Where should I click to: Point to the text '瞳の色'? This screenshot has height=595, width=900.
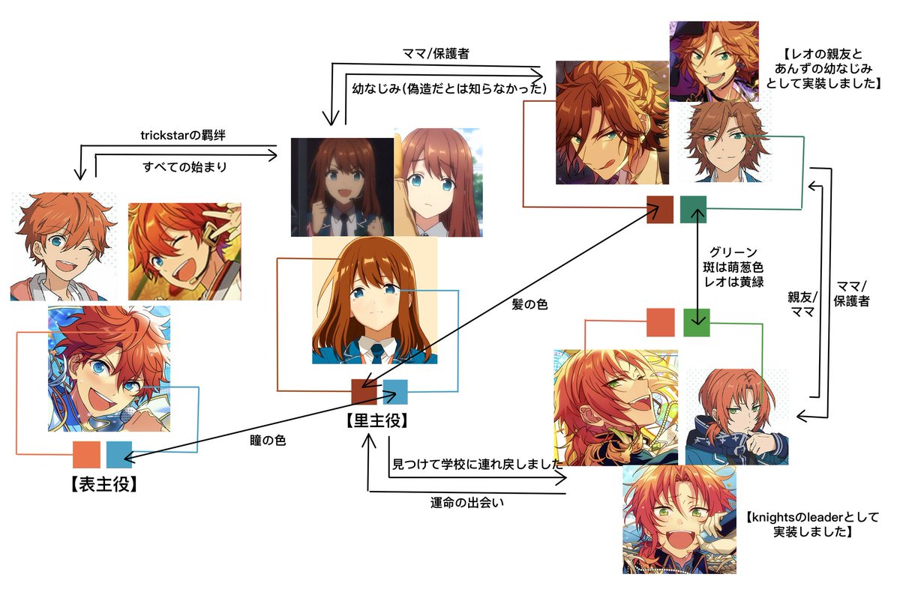(x=267, y=441)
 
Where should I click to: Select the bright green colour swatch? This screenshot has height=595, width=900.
(x=697, y=322)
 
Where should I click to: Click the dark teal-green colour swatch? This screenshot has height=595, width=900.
(x=694, y=209)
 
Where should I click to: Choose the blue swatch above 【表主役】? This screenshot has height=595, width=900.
(x=119, y=454)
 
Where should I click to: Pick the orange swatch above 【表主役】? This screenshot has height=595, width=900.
(x=86, y=454)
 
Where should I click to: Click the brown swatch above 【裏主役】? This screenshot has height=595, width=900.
(x=364, y=392)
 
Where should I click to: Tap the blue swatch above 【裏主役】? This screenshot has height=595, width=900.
(x=395, y=392)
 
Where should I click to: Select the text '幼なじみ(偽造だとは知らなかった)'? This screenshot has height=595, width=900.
(x=448, y=88)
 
